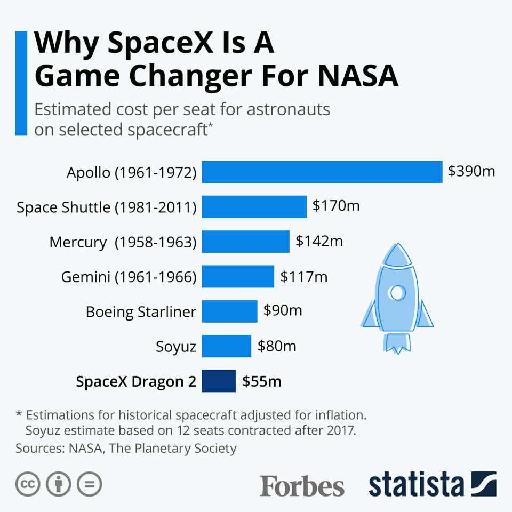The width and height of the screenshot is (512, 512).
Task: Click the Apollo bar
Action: tap(322, 172)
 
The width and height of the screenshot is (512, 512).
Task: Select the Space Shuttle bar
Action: tap(254, 206)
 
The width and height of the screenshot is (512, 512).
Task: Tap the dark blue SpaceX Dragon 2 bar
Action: tap(219, 381)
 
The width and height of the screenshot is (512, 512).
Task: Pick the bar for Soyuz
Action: tap(226, 346)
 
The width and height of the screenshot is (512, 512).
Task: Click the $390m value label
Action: tap(471, 171)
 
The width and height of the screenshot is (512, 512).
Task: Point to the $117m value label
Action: tap(304, 277)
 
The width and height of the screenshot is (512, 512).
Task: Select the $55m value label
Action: tap(262, 381)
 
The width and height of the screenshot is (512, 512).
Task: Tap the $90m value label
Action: tap(283, 310)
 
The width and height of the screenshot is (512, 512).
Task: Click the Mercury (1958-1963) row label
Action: tap(123, 242)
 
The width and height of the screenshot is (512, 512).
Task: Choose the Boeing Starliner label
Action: tap(141, 311)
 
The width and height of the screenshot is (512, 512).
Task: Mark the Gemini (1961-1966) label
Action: tap(129, 277)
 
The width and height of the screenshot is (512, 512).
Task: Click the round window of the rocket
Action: tap(396, 292)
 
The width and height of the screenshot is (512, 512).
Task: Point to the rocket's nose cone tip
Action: tap(396, 246)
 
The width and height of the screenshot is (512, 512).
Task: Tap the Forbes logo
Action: tap(302, 486)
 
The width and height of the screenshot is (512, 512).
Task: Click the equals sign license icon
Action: tap(89, 484)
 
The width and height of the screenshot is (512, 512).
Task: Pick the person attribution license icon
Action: tap(59, 484)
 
